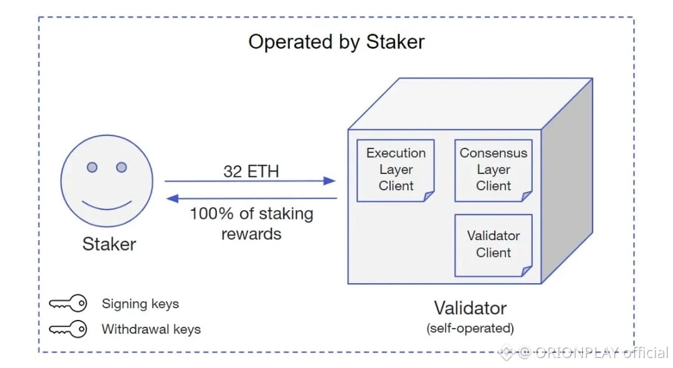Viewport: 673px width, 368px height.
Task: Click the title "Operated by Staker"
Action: pos(336,42)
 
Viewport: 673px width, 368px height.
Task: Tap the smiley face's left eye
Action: pos(92,167)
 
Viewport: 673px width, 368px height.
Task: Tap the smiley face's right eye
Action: pos(122,167)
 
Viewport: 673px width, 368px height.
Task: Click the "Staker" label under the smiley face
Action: pos(109,244)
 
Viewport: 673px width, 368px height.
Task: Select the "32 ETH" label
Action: pos(251,172)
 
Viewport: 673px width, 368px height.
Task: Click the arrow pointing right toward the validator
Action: pos(249,182)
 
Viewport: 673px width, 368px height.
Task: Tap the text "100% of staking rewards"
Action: pos(252,223)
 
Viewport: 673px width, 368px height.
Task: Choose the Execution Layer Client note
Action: pos(396,170)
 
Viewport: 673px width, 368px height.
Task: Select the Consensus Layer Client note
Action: pos(494,170)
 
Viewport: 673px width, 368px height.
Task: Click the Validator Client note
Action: pos(494,245)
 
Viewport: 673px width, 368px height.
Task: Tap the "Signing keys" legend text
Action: pos(140,304)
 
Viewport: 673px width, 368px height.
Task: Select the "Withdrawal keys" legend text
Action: pos(151,329)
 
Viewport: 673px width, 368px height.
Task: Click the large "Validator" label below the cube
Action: pos(470,308)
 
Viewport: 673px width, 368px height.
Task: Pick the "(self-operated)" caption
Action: pos(470,327)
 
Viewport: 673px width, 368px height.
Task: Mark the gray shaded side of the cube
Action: pos(567,181)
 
